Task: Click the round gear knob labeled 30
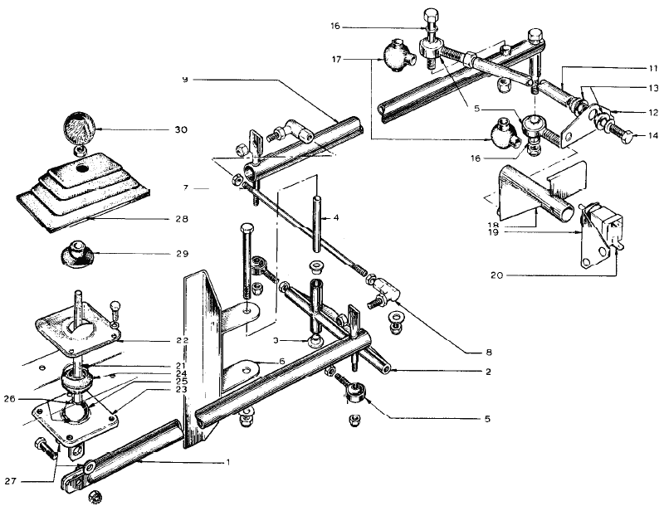tap(80, 129)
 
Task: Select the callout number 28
tap(182, 219)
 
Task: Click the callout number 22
tap(182, 340)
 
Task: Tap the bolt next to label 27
tap(44, 450)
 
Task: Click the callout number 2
tap(489, 371)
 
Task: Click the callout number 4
tap(337, 219)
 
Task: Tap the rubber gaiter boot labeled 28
tap(83, 189)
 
